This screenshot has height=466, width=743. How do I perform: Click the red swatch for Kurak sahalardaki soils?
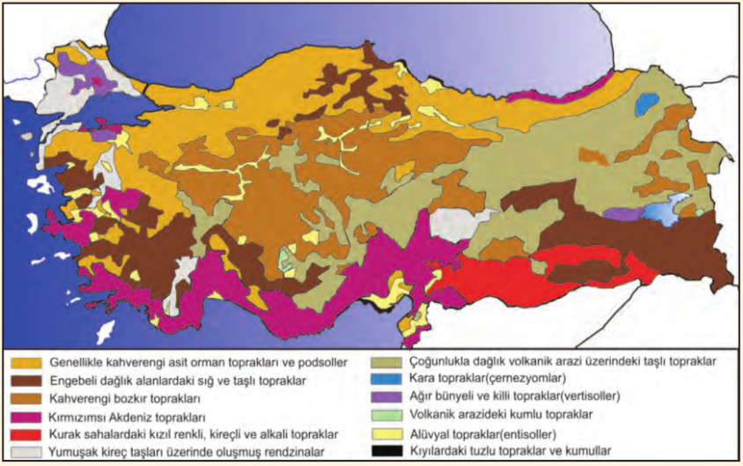pyautogui.click(x=26, y=434)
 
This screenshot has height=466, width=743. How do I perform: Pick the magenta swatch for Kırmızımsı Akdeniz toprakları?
pyautogui.click(x=26, y=416)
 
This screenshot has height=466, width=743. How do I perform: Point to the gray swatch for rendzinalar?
pyautogui.click(x=26, y=452)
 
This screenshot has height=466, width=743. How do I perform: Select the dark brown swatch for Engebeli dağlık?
pyautogui.click(x=26, y=380)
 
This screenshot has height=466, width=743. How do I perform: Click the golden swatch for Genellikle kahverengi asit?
pyautogui.click(x=26, y=362)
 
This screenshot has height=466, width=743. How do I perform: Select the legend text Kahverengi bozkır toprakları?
pyautogui.click(x=123, y=398)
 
